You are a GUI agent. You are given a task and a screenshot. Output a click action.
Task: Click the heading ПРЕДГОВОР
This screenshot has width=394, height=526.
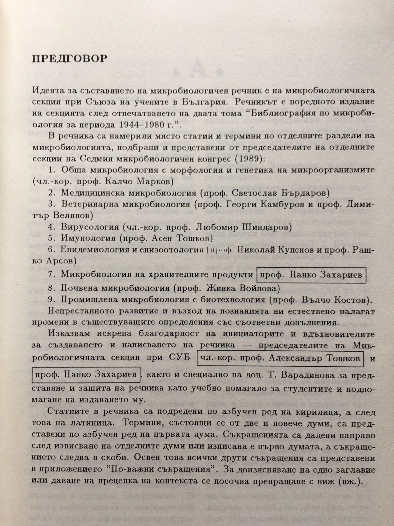click(70, 58)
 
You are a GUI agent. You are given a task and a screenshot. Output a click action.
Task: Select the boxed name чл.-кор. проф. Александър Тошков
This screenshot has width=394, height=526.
click(280, 358)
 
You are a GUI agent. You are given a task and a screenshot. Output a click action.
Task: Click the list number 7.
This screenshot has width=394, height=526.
click(51, 274)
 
